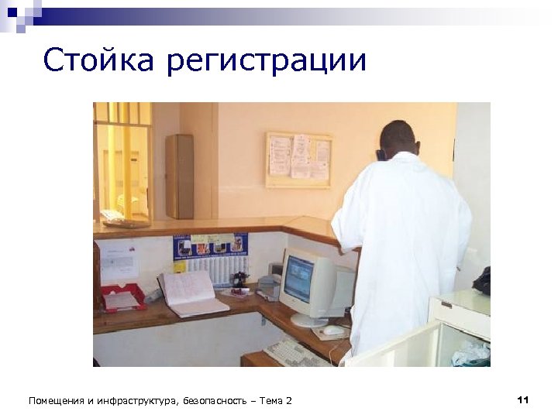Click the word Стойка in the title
(x=98, y=60)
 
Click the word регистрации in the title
(x=266, y=62)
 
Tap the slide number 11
(x=522, y=399)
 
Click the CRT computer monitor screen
(x=298, y=279)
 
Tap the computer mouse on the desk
(x=333, y=330)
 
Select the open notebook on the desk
(x=190, y=293)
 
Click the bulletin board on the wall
(x=298, y=159)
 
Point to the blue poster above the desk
(x=211, y=246)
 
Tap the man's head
(x=398, y=139)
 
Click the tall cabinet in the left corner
(x=179, y=176)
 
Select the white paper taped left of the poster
(x=119, y=261)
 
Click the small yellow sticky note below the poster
(x=180, y=266)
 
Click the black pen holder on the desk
(x=240, y=280)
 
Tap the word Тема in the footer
(x=270, y=400)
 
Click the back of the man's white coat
(x=403, y=240)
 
